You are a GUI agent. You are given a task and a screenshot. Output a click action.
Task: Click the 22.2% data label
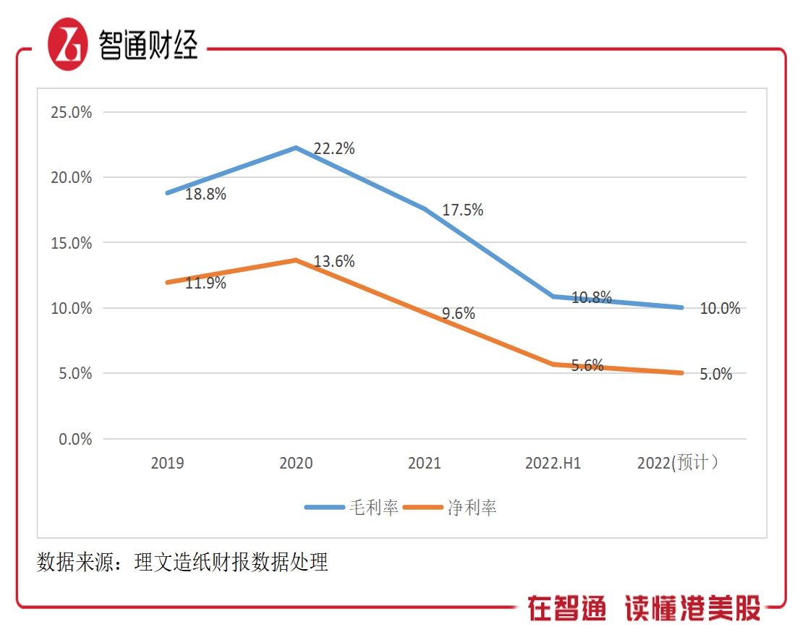tap(334, 149)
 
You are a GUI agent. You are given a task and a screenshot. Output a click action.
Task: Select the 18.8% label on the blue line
tap(205, 195)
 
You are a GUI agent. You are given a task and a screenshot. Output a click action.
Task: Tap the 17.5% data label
tap(463, 210)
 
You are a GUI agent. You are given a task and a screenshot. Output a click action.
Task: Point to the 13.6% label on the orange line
tap(334, 262)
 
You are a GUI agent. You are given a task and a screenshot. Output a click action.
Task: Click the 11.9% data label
tap(205, 283)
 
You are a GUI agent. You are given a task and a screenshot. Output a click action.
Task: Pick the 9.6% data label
tap(459, 313)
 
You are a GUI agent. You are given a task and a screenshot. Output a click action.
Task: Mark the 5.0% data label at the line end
tap(715, 375)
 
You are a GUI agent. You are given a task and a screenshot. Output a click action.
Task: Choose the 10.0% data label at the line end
tap(720, 309)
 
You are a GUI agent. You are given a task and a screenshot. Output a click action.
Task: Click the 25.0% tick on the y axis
tap(71, 113)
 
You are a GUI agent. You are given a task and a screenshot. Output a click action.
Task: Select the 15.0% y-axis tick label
tap(71, 244)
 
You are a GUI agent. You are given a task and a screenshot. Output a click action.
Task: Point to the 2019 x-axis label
tap(167, 464)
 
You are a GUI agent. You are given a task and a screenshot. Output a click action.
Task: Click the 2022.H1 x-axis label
tap(553, 464)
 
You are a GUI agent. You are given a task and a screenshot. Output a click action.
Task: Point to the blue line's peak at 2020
tap(296, 148)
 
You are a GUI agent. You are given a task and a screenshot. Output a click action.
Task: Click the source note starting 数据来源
tap(182, 562)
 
